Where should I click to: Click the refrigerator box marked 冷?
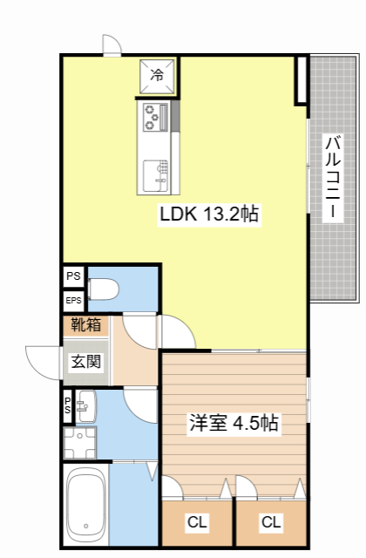pos(158,76)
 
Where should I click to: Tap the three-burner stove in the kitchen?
pos(153,115)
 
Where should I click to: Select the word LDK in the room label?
pos(178,214)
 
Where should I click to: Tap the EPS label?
pos(73,301)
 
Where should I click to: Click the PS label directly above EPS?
pos(73,276)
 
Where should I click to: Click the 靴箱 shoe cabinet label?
pos(85,325)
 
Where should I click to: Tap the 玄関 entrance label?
pos(85,362)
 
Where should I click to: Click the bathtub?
pos(86,505)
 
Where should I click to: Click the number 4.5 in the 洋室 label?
pos(246,425)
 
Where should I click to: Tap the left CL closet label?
pos(197,523)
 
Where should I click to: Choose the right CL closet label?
pos(271,523)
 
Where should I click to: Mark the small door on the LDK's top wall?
pos(112,45)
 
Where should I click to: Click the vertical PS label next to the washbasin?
pos(67,405)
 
